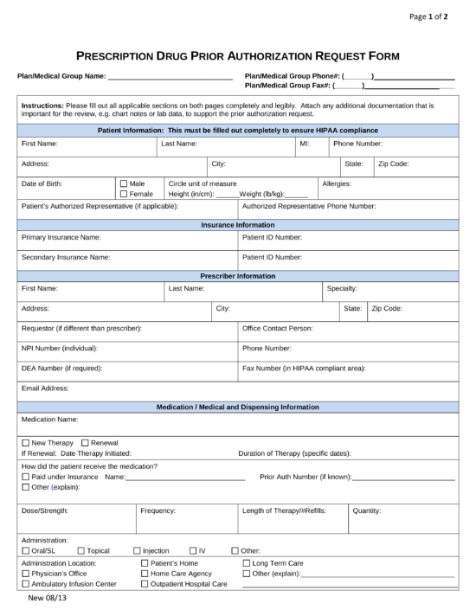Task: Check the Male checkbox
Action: click(x=123, y=183)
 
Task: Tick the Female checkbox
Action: click(x=123, y=194)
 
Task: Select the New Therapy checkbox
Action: click(x=25, y=442)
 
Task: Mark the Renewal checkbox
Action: click(x=85, y=442)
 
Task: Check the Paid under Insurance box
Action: click(x=25, y=477)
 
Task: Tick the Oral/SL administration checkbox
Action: click(x=25, y=550)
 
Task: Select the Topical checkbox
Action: click(x=80, y=550)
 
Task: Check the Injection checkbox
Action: click(x=136, y=550)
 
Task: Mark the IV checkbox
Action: click(x=192, y=550)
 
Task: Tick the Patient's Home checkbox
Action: click(x=145, y=562)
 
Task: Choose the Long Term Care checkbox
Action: click(x=247, y=562)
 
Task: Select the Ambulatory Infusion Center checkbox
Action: click(x=25, y=584)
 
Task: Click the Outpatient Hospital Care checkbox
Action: click(x=145, y=584)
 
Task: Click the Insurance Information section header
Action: click(x=237, y=225)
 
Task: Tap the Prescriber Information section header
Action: click(x=237, y=276)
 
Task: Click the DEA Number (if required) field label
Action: click(x=58, y=368)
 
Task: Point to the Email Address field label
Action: click(x=45, y=388)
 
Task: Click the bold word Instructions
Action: click(x=42, y=105)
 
